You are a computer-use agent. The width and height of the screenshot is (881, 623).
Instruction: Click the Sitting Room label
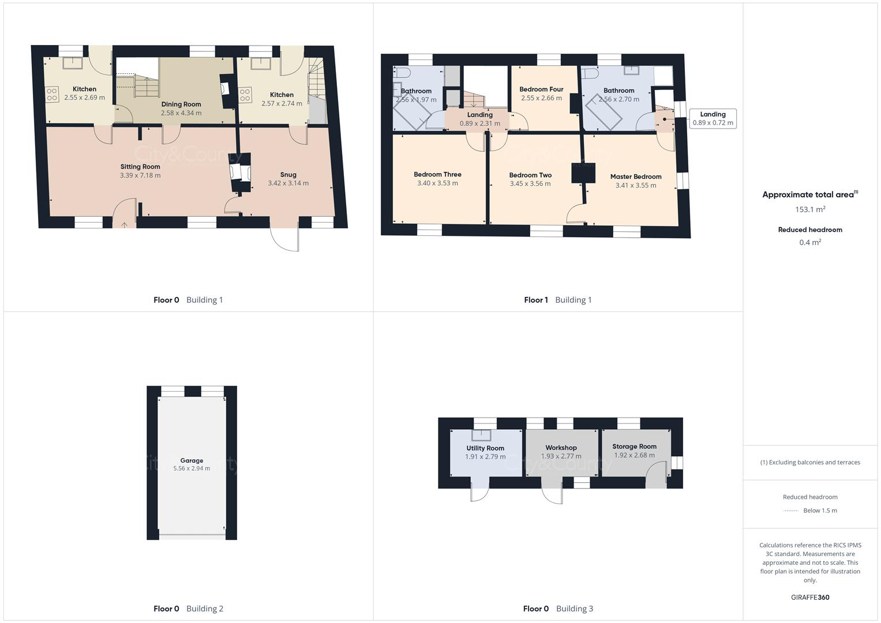140,167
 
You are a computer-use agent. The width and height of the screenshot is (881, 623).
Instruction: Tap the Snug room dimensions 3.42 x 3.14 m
288,183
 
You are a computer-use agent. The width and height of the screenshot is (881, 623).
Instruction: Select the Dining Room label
181,104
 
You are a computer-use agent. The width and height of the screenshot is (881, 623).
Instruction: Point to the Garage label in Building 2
192,460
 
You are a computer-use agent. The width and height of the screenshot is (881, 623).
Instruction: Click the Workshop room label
561,448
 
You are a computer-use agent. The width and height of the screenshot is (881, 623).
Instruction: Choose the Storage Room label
634,446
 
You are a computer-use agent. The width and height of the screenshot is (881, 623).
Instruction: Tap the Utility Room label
485,448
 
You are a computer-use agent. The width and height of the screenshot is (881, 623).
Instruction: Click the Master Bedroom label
636,177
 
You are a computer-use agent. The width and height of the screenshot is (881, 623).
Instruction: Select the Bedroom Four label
541,89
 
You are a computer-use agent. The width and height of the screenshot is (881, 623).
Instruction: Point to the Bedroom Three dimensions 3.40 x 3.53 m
437,183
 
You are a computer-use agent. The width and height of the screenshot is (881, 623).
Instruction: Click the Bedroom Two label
530,175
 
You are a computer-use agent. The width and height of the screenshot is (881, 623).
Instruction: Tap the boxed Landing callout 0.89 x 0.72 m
713,118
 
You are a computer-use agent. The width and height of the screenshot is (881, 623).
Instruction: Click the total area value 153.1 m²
810,209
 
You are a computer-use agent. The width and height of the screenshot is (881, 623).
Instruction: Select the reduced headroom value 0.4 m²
810,242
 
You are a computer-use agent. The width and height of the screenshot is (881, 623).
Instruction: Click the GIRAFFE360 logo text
810,597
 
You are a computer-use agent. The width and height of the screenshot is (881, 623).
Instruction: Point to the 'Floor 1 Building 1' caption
557,300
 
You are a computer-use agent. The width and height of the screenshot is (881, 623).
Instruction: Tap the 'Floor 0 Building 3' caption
557,609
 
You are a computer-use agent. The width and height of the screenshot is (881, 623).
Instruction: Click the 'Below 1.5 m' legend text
820,511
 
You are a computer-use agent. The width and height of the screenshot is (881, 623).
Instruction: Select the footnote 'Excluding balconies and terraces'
810,462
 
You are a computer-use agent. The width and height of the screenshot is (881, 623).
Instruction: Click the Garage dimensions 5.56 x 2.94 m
192,468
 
